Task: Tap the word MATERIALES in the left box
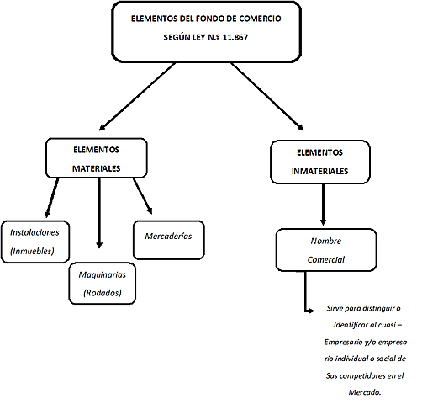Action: [x=95, y=168]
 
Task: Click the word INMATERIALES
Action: [x=320, y=172]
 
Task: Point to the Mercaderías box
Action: [x=168, y=237]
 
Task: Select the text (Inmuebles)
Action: [x=32, y=251]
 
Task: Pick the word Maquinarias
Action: [x=103, y=275]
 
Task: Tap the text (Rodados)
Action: [x=103, y=293]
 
